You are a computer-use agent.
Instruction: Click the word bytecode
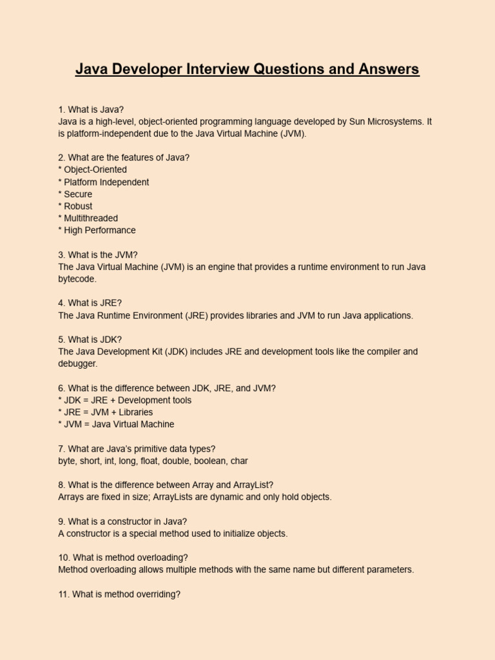point(77,279)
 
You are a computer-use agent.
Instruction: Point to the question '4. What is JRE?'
point(90,303)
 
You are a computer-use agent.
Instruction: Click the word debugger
point(77,364)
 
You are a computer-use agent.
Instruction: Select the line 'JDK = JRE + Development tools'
point(127,400)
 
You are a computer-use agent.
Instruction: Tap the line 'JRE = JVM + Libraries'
point(108,412)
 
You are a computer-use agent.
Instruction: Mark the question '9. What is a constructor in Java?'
point(122,521)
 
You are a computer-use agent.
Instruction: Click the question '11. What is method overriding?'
point(119,594)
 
